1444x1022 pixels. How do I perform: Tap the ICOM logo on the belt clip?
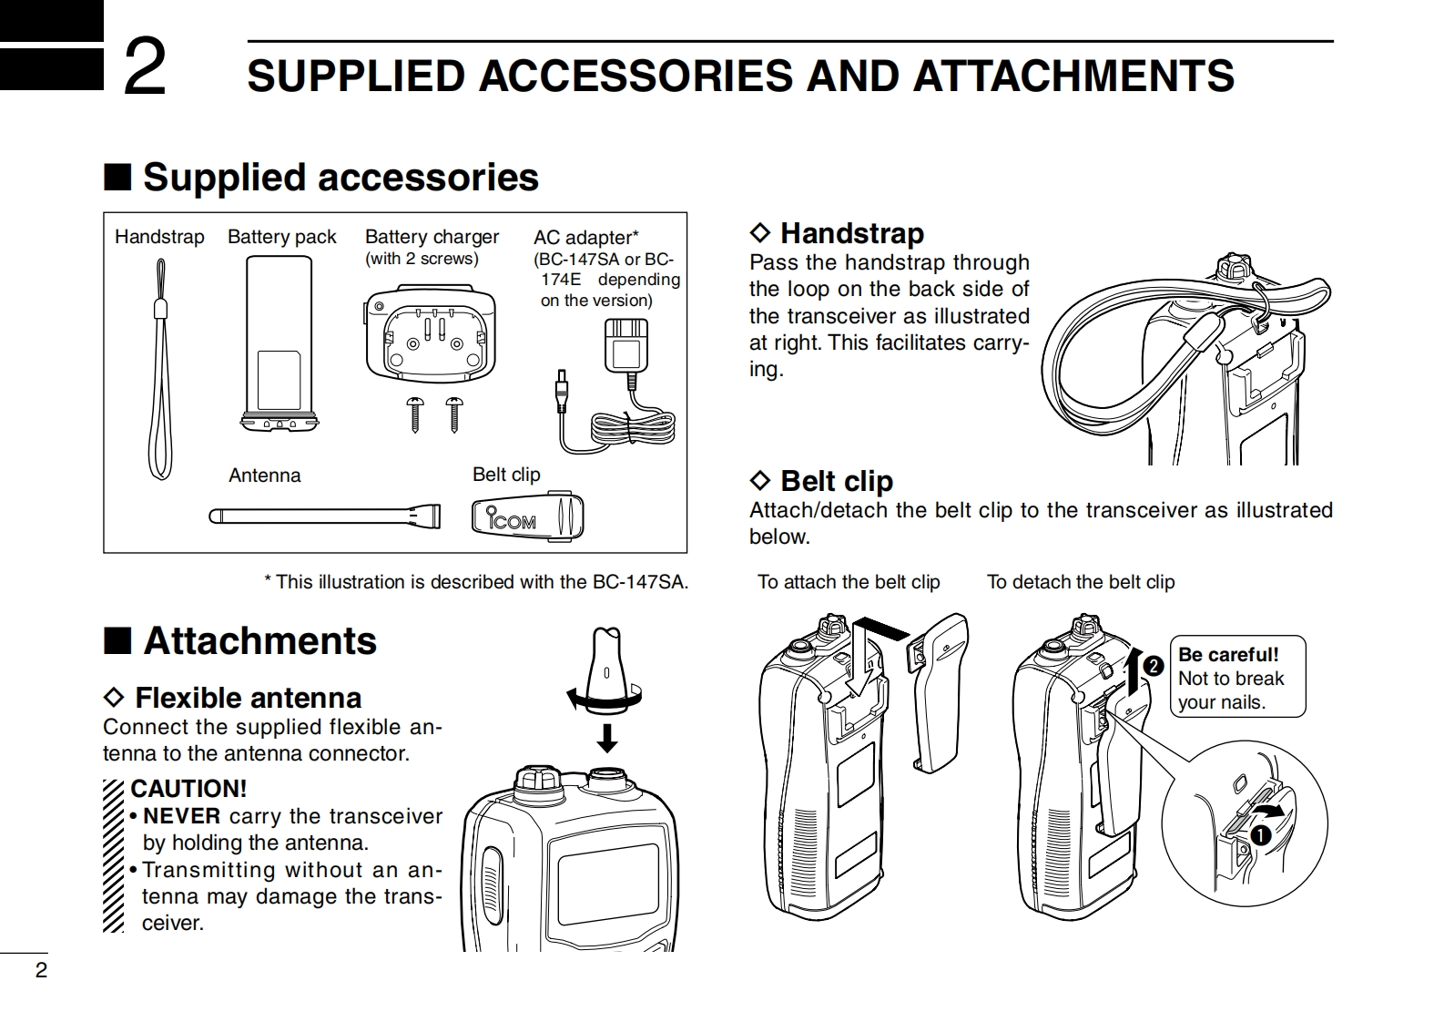512,520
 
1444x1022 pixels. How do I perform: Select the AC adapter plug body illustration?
625,345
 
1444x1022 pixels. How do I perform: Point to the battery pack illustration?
280,342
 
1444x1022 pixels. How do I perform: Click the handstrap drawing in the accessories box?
160,373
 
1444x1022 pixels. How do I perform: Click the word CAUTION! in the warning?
188,789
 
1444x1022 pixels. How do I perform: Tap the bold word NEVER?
182,816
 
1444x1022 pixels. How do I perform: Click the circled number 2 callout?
1154,667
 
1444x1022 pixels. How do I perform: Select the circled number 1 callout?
1260,833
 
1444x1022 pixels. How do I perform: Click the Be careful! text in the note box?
1228,655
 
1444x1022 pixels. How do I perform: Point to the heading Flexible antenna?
248,698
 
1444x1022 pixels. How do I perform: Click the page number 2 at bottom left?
40,970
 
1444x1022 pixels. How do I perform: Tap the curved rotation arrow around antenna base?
604,700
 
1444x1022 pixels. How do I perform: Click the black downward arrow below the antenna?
606,735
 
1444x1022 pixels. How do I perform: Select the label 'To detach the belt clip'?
1081,582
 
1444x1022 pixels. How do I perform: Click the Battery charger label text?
432,237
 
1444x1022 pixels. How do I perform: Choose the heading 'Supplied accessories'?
341,177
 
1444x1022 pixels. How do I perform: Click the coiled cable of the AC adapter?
633,428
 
